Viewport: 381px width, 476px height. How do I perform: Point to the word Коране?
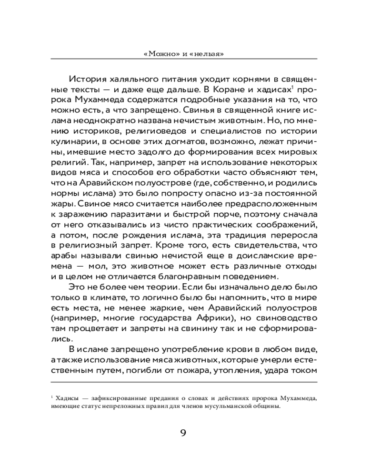(225, 90)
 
